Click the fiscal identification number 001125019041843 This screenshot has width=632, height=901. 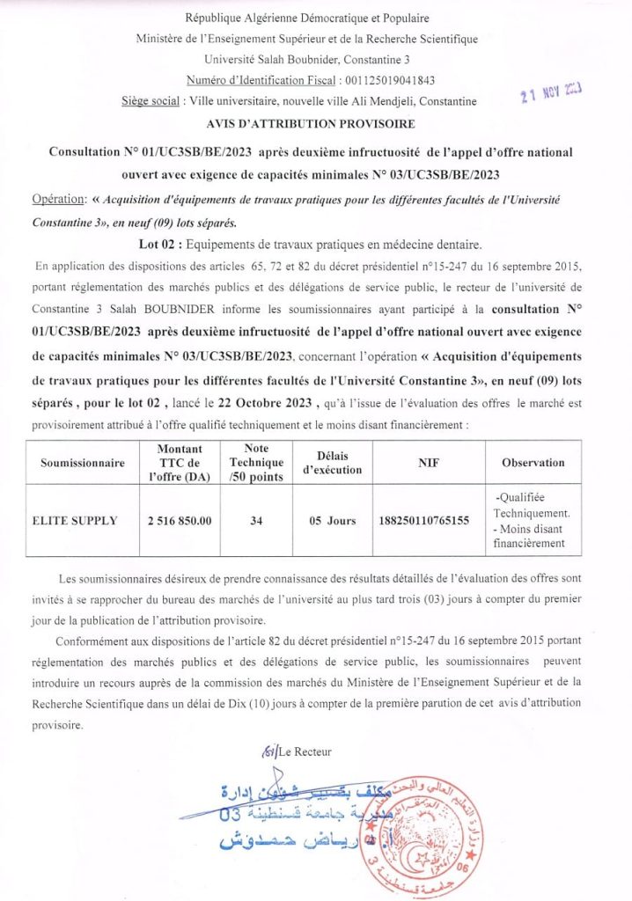[x=384, y=80]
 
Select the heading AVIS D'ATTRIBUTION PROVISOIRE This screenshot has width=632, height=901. [x=316, y=124]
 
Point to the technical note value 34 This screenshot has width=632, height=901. [x=256, y=521]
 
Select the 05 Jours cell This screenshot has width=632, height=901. [x=333, y=521]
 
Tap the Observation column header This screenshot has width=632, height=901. [x=533, y=463]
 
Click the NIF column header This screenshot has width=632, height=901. [x=428, y=463]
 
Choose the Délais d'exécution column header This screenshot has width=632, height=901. [x=333, y=463]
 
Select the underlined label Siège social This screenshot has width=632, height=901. [x=153, y=101]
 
